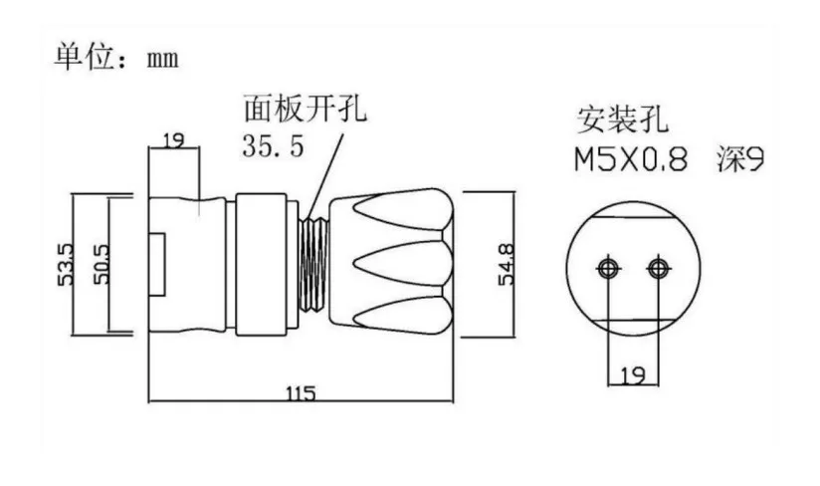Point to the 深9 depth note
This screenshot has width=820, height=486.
pyautogui.click(x=737, y=158)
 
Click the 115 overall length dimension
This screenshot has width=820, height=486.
pyautogui.click(x=300, y=393)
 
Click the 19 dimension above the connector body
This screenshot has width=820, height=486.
pyautogui.click(x=173, y=140)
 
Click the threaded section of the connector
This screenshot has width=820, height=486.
pyautogui.click(x=316, y=265)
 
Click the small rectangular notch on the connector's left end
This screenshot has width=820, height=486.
pyautogui.click(x=156, y=265)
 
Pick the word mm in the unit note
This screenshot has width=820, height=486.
pyautogui.click(x=162, y=59)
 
